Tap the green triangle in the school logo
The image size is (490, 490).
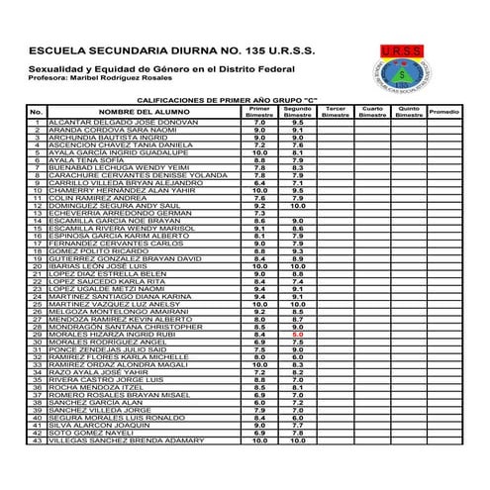(405, 73)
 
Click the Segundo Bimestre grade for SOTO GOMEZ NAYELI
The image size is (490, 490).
(297, 433)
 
